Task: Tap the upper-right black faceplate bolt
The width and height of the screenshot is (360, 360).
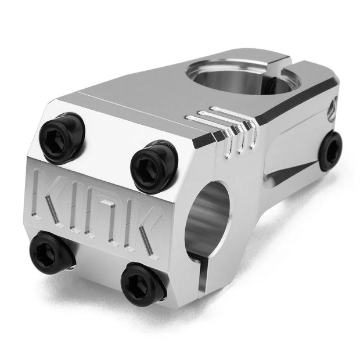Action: tap(154, 164)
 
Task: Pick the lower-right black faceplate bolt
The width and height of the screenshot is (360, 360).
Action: tap(143, 283)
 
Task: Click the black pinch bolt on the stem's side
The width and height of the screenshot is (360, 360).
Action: tap(330, 150)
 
